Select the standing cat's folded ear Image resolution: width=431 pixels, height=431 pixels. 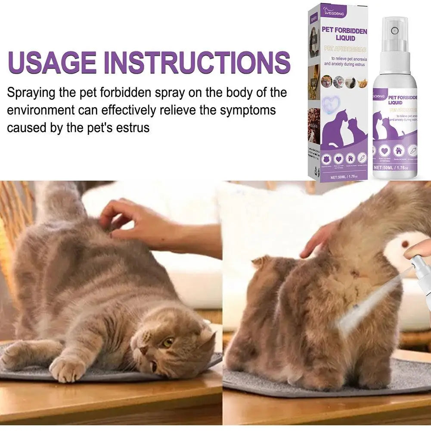click(261, 263)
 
